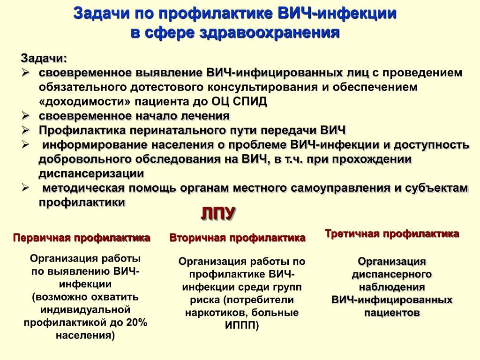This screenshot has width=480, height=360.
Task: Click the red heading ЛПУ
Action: [218, 213]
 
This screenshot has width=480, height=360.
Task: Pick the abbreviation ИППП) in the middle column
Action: [242, 325]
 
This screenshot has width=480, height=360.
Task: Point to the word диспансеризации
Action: [91, 173]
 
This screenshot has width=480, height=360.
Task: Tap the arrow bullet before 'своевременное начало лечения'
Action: [25, 116]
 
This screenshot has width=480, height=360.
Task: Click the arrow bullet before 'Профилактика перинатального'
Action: [25, 130]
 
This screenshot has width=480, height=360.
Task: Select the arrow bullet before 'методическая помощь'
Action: [25, 188]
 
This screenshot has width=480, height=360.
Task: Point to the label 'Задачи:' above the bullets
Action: [44, 58]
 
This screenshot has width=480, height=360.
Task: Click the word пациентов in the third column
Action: [392, 313]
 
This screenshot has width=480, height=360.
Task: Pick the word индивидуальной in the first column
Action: [85, 309]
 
